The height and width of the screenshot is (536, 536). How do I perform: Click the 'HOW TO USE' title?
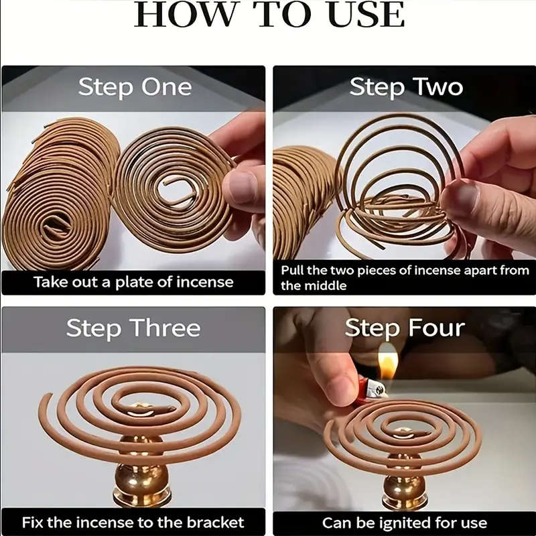tap(269, 15)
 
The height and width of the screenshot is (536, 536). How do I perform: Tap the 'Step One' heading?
tap(134, 87)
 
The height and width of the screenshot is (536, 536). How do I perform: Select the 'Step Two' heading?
tap(406, 87)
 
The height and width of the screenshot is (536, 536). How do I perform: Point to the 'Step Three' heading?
tap(133, 328)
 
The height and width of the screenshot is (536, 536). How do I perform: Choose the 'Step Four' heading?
tap(405, 328)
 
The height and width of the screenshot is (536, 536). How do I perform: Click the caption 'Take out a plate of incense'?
tap(133, 281)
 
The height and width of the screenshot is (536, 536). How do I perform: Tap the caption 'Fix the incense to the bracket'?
tap(133, 522)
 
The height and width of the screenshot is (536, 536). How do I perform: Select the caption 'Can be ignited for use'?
tap(405, 522)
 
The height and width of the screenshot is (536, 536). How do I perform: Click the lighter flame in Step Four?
tap(387, 362)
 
